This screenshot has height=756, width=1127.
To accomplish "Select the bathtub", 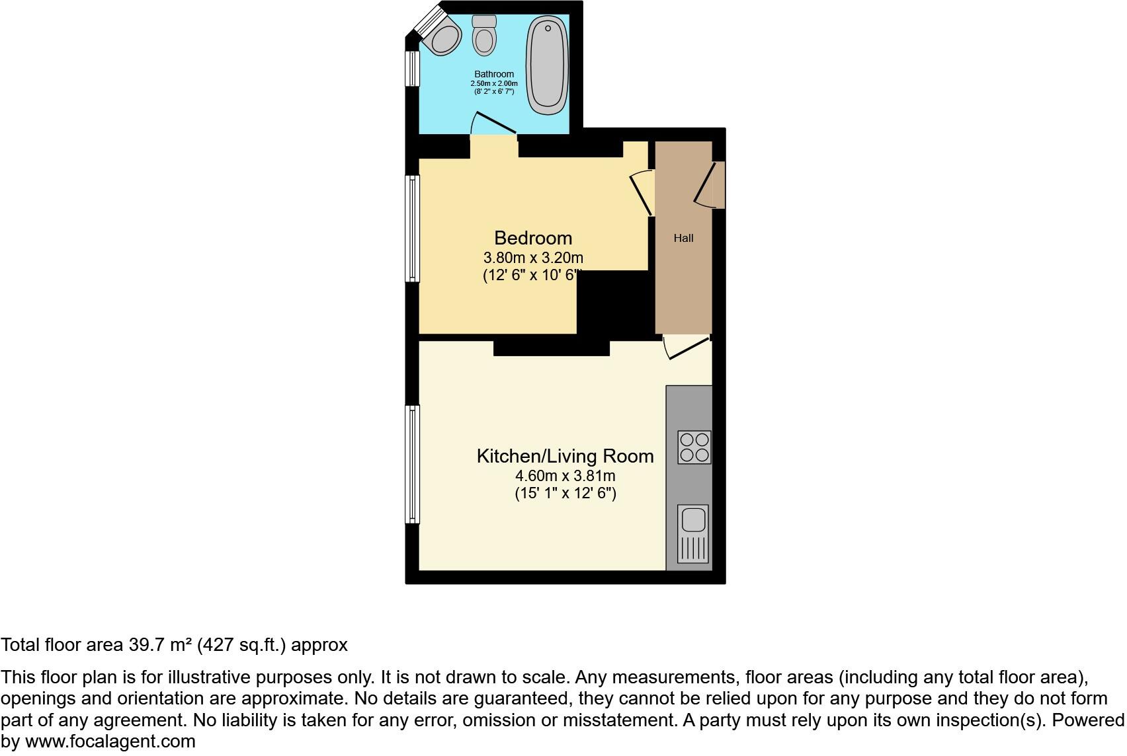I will (x=548, y=65).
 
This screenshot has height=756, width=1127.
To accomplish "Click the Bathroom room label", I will (x=493, y=74).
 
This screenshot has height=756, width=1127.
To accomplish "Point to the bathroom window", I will (x=413, y=69).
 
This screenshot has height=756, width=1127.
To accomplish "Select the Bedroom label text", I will (x=533, y=238).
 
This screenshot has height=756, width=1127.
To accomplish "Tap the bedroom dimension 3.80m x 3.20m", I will (x=533, y=258).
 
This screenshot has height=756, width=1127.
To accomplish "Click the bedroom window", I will (x=413, y=229).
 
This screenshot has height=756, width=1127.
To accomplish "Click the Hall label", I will (x=683, y=238).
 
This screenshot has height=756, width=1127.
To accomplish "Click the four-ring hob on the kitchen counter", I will (x=694, y=447).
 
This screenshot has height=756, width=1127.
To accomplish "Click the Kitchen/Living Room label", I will (x=565, y=456).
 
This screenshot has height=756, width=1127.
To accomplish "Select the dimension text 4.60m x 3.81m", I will (x=565, y=476).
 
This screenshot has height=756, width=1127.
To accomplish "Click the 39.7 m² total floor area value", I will (x=157, y=645).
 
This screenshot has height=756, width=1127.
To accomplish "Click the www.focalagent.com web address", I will (x=110, y=741).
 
